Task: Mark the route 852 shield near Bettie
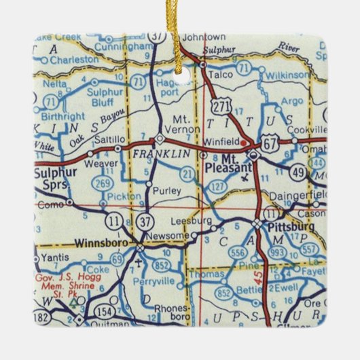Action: [x=224, y=293]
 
